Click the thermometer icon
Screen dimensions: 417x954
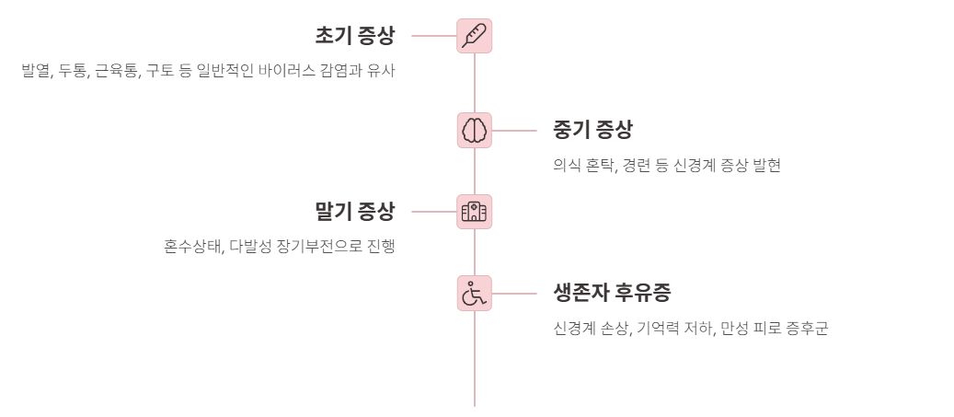(475, 36)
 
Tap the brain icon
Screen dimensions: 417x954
(475, 130)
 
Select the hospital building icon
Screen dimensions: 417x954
(475, 212)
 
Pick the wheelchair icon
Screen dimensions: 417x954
(475, 294)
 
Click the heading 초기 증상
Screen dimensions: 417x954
(354, 36)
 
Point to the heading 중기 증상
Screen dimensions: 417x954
(592, 130)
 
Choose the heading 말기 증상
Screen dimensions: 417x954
(354, 212)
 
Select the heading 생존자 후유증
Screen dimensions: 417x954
(612, 294)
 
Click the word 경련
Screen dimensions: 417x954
(639, 166)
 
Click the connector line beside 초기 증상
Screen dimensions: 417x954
(433, 36)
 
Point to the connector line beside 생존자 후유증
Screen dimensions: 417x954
(515, 294)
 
